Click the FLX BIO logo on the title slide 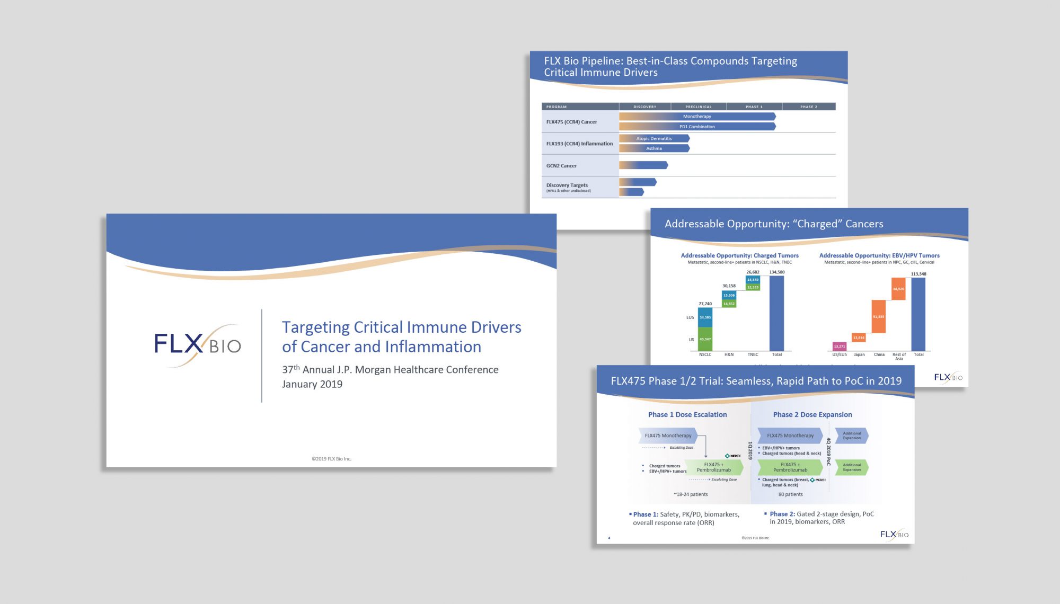click(197, 344)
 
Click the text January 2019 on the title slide click(312, 384)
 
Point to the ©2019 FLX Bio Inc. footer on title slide click(331, 459)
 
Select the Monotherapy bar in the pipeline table click(697, 117)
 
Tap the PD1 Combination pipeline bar click(697, 127)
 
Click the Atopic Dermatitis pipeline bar click(654, 138)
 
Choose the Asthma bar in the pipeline click(654, 148)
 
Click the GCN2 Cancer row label click(561, 166)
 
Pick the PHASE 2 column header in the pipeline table click(808, 107)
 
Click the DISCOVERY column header click(644, 107)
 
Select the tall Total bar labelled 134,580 click(776, 313)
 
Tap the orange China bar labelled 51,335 click(878, 316)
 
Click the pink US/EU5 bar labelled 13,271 click(840, 347)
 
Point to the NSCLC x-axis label click(705, 354)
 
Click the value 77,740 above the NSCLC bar click(705, 304)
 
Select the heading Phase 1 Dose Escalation click(687, 415)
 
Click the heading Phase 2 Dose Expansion click(812, 415)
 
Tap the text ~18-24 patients click(691, 494)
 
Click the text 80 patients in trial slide click(790, 494)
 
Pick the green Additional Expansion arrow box click(852, 467)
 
